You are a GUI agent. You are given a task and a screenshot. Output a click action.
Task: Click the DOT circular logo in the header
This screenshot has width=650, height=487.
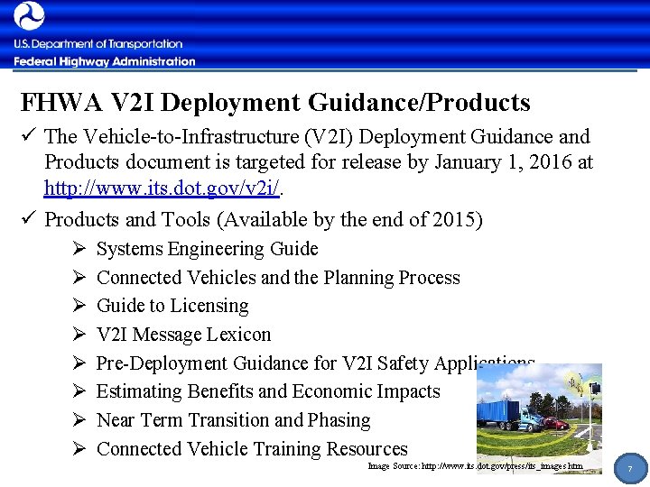(x=29, y=16)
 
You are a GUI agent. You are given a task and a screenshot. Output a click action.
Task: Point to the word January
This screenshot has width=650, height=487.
(x=469, y=162)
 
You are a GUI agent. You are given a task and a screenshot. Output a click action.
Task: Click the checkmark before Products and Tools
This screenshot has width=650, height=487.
(x=28, y=219)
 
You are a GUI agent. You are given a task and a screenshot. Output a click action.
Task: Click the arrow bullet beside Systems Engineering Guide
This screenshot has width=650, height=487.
(x=78, y=249)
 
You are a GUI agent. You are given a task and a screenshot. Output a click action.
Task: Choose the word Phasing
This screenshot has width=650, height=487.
(x=339, y=420)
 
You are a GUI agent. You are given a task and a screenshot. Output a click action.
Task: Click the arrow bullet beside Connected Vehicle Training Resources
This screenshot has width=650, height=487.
(x=78, y=449)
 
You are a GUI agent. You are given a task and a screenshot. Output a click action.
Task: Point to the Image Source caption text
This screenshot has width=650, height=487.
(x=475, y=466)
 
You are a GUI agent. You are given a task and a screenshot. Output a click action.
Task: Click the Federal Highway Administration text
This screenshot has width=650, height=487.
(x=104, y=62)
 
